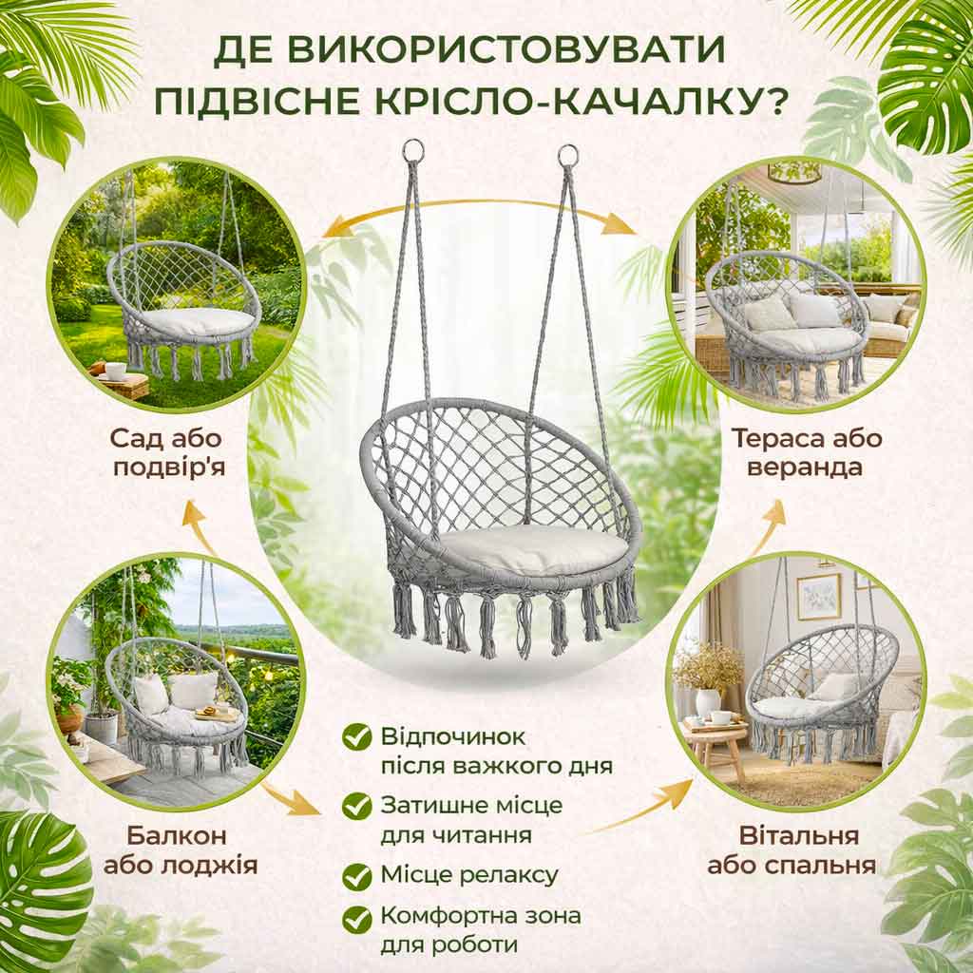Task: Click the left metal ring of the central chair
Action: pos(413,150)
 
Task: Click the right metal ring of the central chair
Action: pos(568,155)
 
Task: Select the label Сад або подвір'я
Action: pos(167,452)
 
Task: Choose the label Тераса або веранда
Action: pos(806,452)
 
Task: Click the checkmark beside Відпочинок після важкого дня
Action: pos(357,737)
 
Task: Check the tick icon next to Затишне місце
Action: pos(357,806)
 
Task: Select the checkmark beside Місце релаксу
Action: pos(357,876)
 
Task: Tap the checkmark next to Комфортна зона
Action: pos(357,919)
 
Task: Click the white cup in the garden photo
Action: pos(115,371)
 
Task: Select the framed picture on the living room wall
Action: pos(818,597)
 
